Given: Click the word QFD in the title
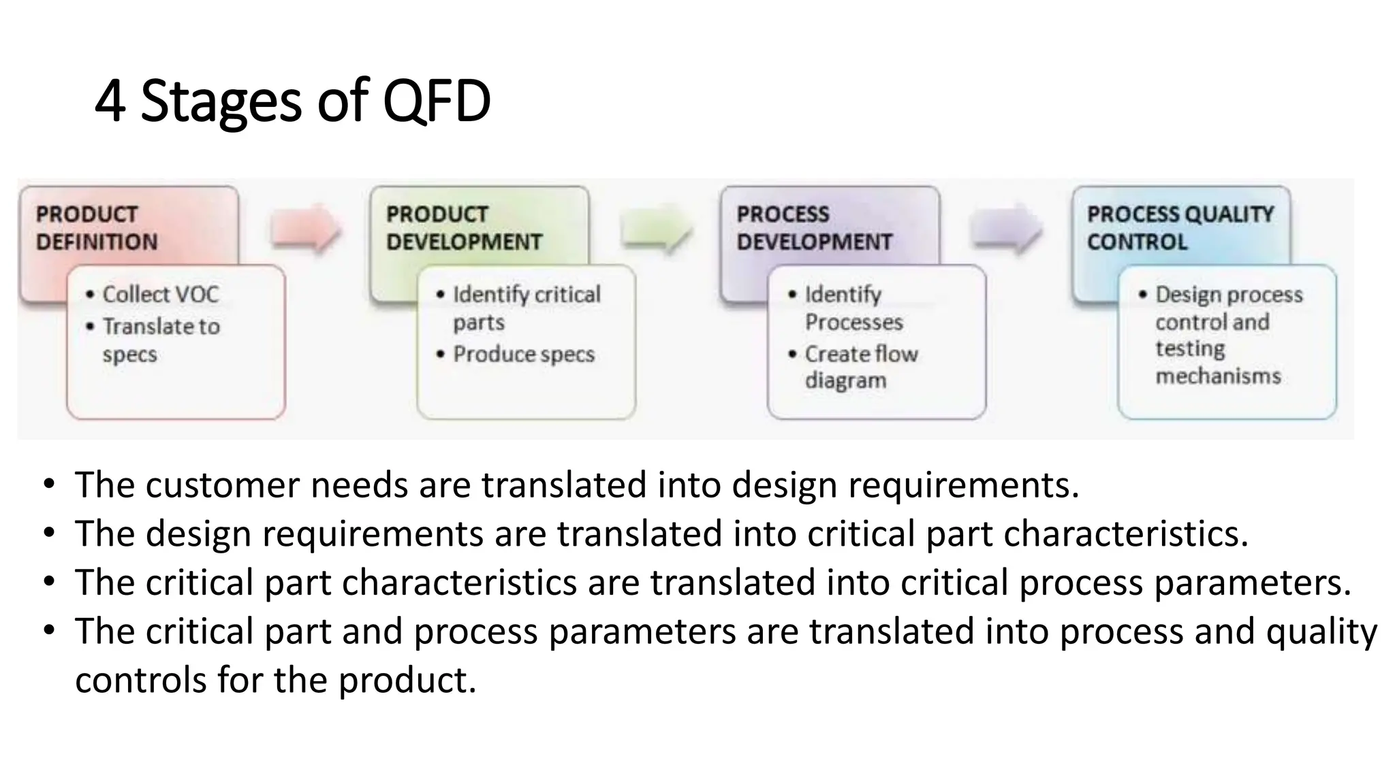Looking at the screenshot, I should (x=437, y=102).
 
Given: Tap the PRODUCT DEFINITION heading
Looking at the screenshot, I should (x=96, y=228).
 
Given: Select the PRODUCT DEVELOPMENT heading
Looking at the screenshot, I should (x=463, y=228).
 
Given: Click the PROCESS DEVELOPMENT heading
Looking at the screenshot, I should (x=813, y=228).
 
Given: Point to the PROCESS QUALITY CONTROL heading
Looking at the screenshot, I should (x=1180, y=228).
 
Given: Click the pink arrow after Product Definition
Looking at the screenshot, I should (x=305, y=228).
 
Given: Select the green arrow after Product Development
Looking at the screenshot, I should (x=656, y=228).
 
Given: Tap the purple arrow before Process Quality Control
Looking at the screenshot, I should (x=1006, y=228).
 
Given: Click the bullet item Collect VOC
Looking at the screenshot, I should (x=160, y=295).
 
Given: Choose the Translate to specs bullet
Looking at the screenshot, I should (x=161, y=340).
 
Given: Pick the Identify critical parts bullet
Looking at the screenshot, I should (x=526, y=308).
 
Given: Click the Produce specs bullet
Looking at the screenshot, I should (x=523, y=355).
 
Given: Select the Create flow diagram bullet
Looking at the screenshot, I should (x=860, y=367).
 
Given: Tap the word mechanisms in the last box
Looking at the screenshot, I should (x=1218, y=376).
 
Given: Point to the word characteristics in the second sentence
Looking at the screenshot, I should (x=1125, y=534).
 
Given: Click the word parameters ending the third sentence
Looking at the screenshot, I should (x=1252, y=583).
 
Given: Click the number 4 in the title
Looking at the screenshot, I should (x=110, y=102).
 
